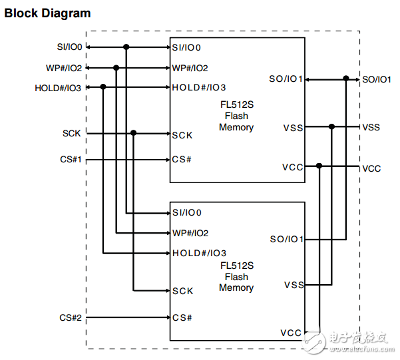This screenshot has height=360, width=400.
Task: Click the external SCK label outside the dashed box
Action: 71,133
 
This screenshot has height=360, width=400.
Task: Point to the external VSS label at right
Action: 371,126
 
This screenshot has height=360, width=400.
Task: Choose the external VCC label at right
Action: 371,168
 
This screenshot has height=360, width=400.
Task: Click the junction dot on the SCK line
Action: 134,133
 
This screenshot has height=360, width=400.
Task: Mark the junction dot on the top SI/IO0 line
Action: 126,47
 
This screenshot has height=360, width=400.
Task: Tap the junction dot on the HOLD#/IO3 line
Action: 103,87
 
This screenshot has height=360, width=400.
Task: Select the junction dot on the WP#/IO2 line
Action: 116,67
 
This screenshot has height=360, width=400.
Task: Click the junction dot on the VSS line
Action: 331,126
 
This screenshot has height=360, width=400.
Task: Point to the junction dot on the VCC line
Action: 320,166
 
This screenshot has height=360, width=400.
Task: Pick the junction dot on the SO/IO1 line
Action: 345,79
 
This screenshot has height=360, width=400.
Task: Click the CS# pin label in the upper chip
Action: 182,160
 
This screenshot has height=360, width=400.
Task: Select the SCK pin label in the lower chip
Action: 182,291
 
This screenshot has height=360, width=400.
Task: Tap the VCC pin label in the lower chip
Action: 291,333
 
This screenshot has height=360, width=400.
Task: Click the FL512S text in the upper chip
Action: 236,106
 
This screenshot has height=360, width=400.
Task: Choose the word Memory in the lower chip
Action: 236,287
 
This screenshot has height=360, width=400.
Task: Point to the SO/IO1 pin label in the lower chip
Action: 286,239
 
